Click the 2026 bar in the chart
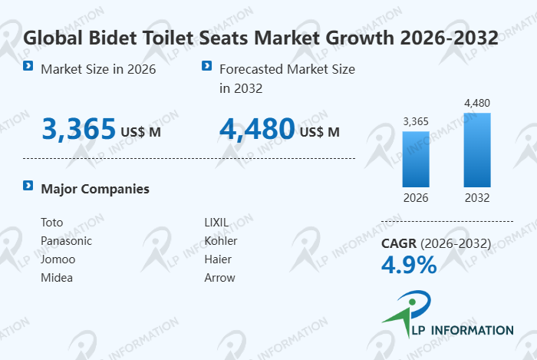(416, 159)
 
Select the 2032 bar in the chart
(476, 150)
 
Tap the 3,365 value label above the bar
(416, 121)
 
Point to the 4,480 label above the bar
(476, 103)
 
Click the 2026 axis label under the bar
(416, 197)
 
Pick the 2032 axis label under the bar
(476, 197)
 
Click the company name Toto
(51, 223)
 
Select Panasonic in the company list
(66, 241)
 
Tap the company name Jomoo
(58, 259)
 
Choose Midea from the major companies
(57, 278)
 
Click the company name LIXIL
(216, 223)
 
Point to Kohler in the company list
(220, 241)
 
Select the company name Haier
(218, 259)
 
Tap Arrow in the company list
(219, 278)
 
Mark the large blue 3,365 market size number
(79, 129)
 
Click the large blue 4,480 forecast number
(257, 129)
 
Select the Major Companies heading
(95, 189)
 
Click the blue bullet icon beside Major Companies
(28, 186)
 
